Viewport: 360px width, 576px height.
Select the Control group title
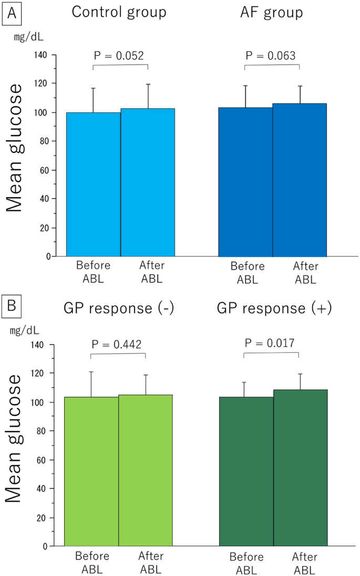(x=119, y=13)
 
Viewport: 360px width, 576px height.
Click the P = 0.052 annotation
(x=119, y=55)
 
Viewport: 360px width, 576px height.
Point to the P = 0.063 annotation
(x=271, y=55)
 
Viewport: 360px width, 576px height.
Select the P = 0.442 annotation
(x=117, y=344)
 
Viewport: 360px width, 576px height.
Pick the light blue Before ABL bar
(x=94, y=184)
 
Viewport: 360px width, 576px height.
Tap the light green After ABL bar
(x=146, y=470)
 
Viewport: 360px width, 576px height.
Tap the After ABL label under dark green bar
(x=302, y=562)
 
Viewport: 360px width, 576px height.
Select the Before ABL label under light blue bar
(x=94, y=272)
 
